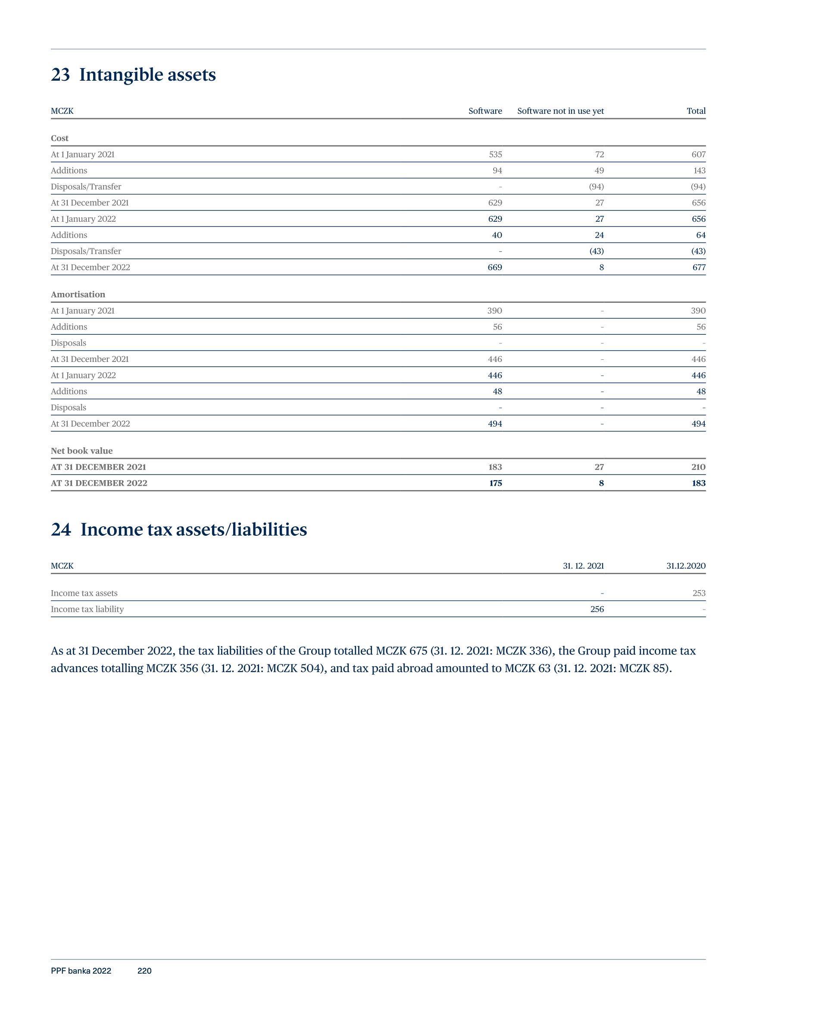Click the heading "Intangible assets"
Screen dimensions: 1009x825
147,75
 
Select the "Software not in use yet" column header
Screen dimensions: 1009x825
560,111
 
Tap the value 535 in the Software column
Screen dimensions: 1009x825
495,154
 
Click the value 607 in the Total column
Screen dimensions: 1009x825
698,154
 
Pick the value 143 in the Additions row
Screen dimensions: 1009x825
699,171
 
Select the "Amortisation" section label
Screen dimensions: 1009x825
78,295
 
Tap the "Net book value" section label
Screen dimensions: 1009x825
82,451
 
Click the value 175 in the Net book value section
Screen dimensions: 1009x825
496,484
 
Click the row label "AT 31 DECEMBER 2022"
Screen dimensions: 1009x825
99,484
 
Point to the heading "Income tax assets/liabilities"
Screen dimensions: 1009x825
194,530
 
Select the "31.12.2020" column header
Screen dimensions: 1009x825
686,566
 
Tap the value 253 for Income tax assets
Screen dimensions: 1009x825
699,594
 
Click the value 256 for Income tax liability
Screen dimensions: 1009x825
597,610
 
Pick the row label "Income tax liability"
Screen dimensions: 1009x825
87,610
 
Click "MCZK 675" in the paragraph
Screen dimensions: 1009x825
401,651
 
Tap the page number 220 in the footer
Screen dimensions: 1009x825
144,971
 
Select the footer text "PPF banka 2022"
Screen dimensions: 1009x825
81,971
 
